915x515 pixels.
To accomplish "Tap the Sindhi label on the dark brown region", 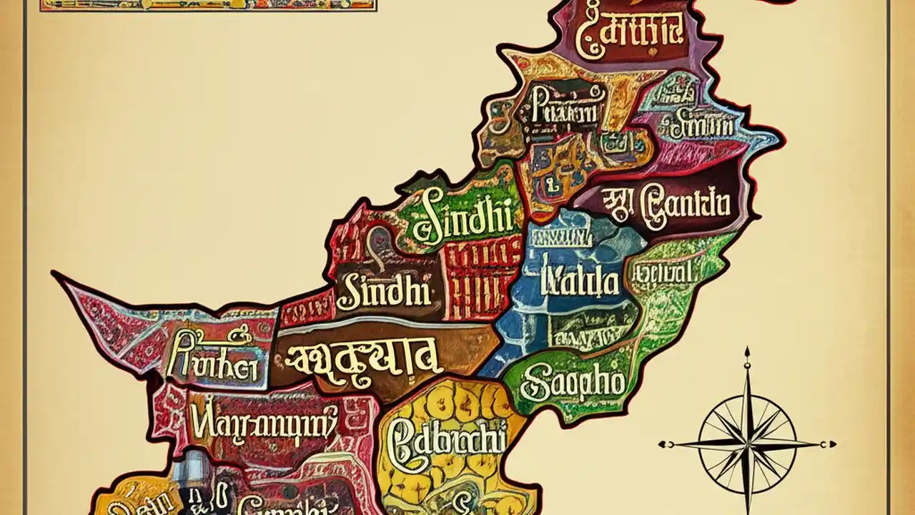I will (x=385, y=292).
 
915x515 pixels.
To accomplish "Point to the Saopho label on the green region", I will (x=572, y=384).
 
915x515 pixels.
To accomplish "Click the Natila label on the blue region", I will (x=580, y=281).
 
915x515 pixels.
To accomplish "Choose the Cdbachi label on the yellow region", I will (x=446, y=438).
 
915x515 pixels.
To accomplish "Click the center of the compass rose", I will (x=747, y=443).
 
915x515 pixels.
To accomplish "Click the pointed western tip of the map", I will (x=56, y=275).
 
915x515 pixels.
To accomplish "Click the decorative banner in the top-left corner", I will (x=207, y=4).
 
